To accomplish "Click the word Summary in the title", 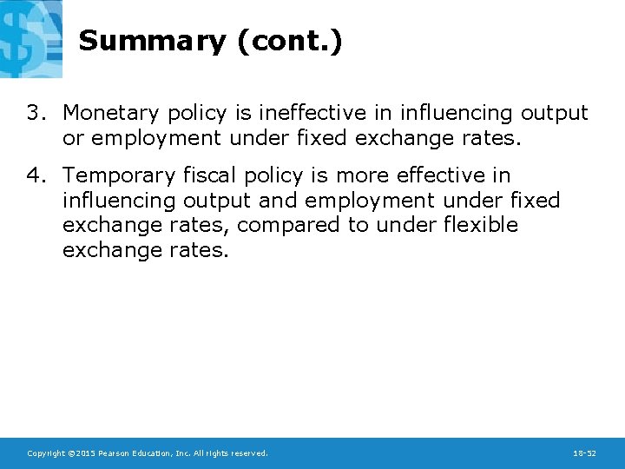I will point(151,41).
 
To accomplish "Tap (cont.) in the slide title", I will point(287,41).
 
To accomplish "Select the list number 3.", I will point(34,113).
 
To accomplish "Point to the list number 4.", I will point(34,176).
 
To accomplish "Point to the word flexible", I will point(481,226).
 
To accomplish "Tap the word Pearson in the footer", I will point(116,453).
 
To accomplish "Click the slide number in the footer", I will point(584,453).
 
